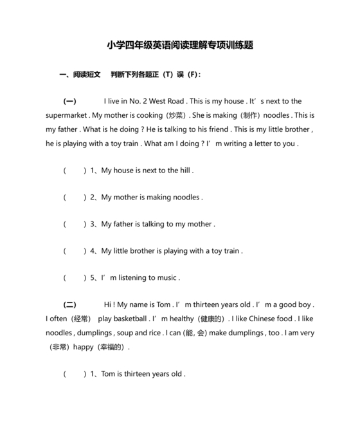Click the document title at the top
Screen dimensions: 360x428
[x=180, y=46]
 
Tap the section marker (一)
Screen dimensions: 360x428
[x=69, y=101]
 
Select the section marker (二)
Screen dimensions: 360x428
[x=69, y=304]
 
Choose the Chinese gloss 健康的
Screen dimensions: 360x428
[x=212, y=319]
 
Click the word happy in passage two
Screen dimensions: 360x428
[x=84, y=347]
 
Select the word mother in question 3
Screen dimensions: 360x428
[x=199, y=224]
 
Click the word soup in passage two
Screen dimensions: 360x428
[x=124, y=333]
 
